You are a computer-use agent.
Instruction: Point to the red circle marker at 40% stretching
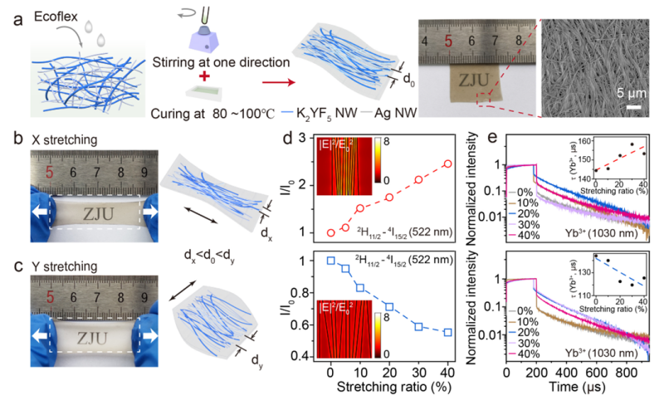[x=448, y=163]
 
